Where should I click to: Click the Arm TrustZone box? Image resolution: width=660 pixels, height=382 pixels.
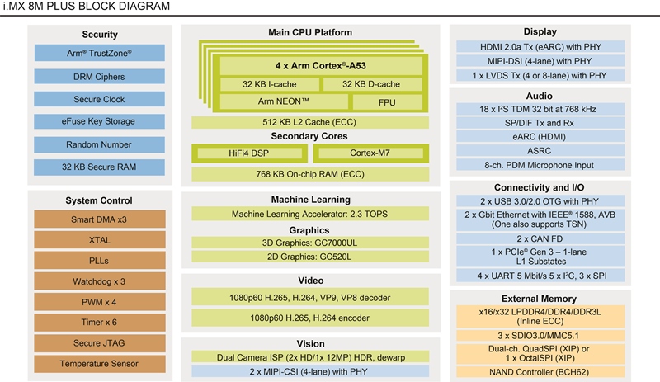pos(99,53)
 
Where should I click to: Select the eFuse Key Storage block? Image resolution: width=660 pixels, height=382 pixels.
pos(99,121)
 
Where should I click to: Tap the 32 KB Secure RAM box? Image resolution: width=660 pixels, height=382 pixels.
pos(99,167)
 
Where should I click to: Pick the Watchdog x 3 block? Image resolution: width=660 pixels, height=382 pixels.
pos(99,281)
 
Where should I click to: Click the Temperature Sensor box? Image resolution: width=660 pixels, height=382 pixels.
pos(99,364)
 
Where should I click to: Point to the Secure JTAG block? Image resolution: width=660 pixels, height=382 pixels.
pos(99,343)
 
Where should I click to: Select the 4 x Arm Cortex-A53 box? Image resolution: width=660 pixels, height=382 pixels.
pos(321,66)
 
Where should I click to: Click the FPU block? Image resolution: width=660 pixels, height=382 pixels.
pos(387,102)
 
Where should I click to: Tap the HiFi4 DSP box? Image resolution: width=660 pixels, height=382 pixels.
pos(249,153)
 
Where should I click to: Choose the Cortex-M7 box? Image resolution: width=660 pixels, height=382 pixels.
pos(370,153)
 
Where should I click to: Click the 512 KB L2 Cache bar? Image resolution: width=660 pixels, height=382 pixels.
pos(310,123)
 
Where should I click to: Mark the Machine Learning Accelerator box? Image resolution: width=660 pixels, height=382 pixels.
pos(310,214)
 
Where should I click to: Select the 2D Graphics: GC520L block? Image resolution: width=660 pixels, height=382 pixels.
pos(310,257)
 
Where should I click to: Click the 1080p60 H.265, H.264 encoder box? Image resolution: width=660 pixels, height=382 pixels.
pos(310,318)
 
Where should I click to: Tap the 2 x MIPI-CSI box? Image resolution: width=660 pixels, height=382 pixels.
pos(310,371)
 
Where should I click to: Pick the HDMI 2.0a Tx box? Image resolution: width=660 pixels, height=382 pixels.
pos(540,47)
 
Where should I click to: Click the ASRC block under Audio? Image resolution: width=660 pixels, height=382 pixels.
pos(540,151)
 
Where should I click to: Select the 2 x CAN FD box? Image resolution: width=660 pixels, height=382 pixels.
pos(540,238)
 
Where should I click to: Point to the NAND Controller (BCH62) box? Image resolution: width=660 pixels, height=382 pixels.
pos(540,372)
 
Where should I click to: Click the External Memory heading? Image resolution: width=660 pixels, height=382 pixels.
pos(540,299)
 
